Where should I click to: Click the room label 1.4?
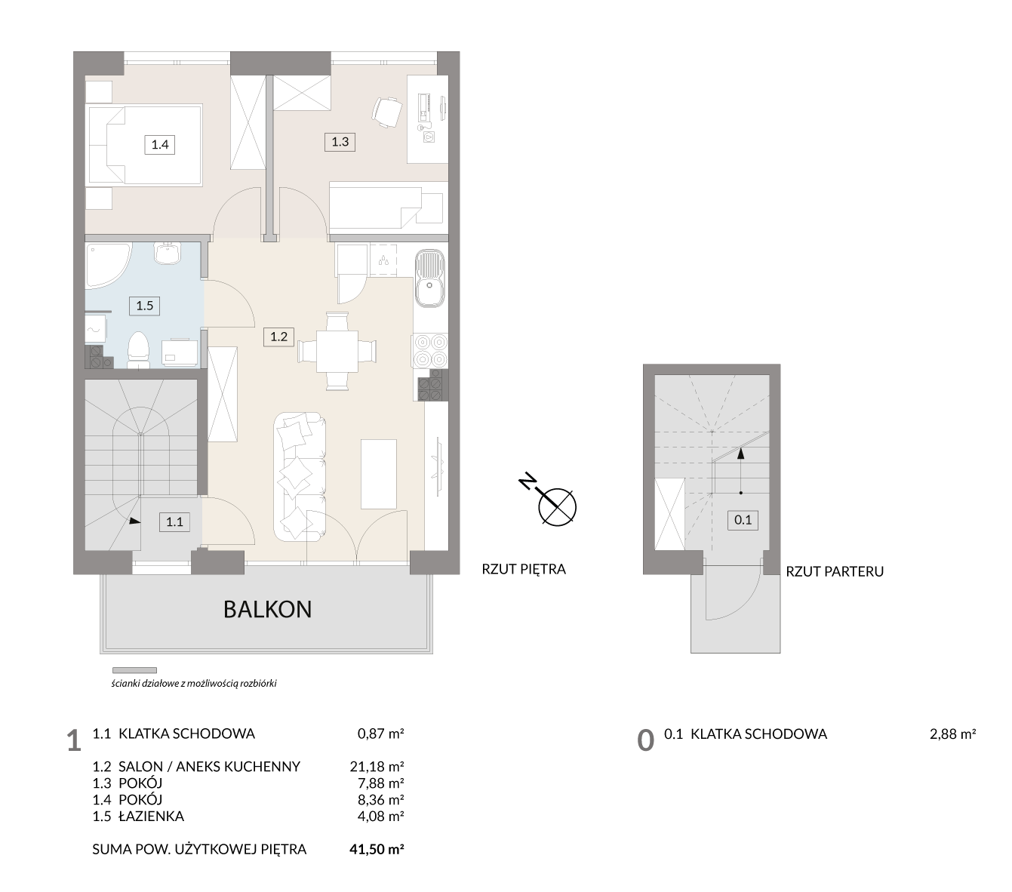tap(160, 145)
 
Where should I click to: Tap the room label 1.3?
tap(340, 142)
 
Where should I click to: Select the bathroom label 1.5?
tap(144, 305)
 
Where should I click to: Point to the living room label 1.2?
tap(278, 337)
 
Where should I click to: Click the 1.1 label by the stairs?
tap(174, 522)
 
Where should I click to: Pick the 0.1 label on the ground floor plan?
tap(743, 520)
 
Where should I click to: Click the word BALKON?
tap(267, 609)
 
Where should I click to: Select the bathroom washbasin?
tap(166, 253)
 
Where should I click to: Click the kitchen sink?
tap(429, 278)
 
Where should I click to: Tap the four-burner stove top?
tap(429, 351)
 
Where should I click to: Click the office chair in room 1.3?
tap(386, 112)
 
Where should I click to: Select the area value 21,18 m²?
tap(377, 766)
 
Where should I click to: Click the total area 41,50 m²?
tap(377, 849)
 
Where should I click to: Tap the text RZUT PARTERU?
tap(835, 571)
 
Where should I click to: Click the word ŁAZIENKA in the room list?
tap(152, 816)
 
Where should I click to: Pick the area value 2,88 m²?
tap(952, 734)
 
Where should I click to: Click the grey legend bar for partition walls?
tap(135, 670)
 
